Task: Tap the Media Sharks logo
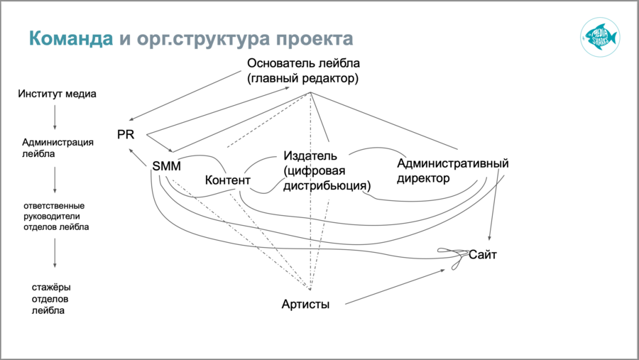(x=599, y=37)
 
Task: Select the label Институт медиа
(x=58, y=94)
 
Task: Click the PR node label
(x=126, y=133)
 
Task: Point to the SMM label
(x=166, y=166)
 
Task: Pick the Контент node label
(x=227, y=180)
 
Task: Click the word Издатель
(x=310, y=156)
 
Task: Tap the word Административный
(x=452, y=163)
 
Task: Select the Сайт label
(x=483, y=253)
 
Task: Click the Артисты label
(x=305, y=304)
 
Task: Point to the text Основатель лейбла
(x=304, y=63)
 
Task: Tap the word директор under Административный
(x=423, y=178)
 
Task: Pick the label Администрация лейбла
(x=58, y=147)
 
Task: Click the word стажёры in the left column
(x=51, y=287)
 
